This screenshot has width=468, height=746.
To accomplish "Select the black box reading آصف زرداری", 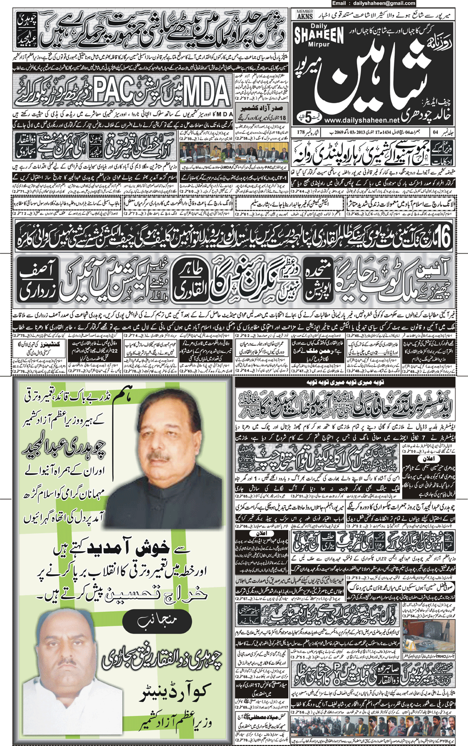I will (38, 280).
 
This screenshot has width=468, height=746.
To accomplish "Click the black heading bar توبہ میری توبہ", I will (344, 382).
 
